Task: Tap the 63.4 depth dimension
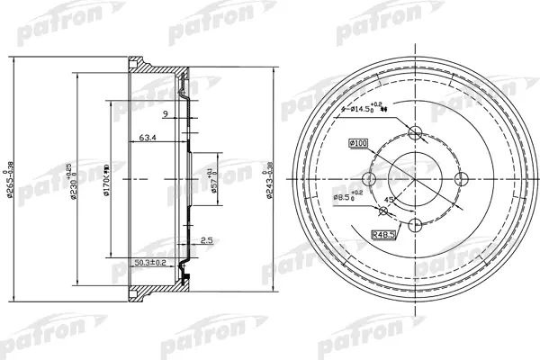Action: pos(149,139)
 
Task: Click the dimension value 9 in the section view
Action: pos(166,113)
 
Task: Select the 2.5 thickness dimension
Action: pos(206,239)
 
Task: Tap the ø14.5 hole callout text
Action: pos(369,109)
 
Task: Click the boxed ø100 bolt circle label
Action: pos(359,143)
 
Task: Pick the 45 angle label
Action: pos(388,201)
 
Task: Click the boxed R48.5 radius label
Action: pos(385,236)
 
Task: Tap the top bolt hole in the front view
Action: pos(415,133)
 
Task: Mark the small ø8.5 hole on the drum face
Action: pos(384,211)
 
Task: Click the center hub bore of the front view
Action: pos(415,178)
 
